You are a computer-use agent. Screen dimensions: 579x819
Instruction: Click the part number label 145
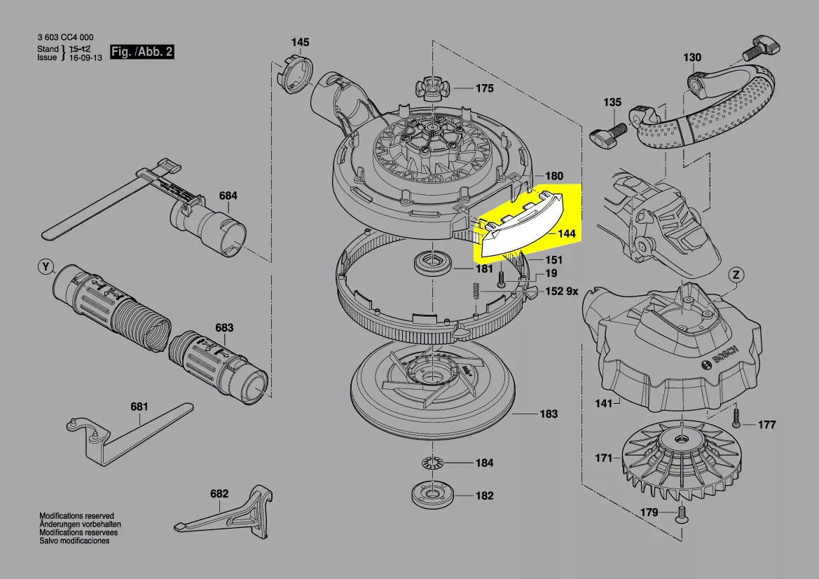click(300, 43)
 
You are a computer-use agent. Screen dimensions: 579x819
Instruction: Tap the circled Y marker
click(46, 267)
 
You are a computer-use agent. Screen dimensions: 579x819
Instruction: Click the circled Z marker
click(736, 274)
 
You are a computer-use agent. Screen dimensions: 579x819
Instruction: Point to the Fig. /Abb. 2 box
click(142, 53)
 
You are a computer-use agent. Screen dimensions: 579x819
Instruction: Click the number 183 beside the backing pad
click(549, 414)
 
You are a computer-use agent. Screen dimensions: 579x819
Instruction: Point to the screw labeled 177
click(737, 419)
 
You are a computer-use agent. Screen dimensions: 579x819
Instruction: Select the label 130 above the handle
click(691, 57)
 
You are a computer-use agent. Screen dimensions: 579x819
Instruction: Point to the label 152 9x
click(562, 292)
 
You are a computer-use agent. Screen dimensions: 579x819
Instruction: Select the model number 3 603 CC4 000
click(65, 38)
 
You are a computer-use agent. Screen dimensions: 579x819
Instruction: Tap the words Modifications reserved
click(76, 516)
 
